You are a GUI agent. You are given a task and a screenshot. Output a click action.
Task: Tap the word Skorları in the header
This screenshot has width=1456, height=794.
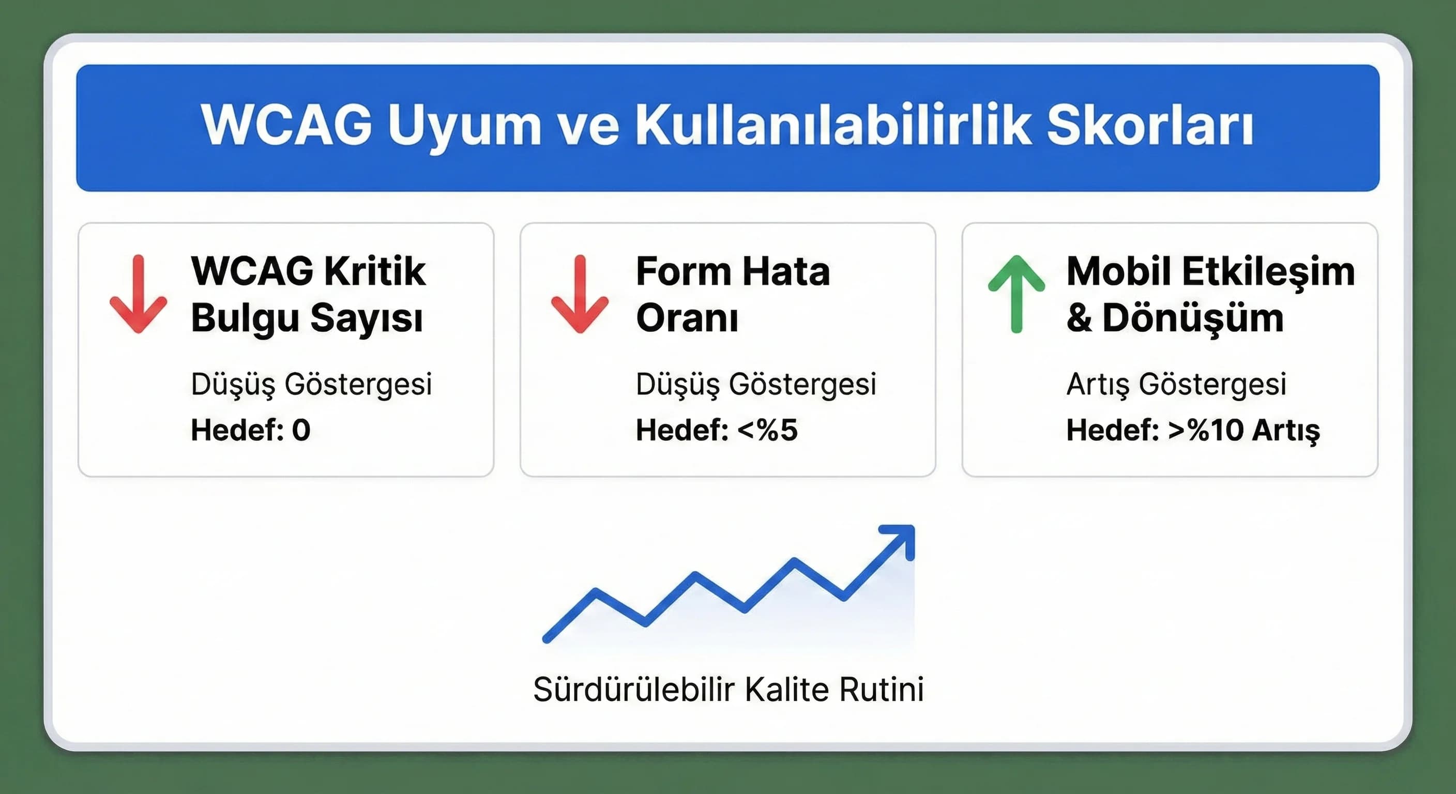pos(1150,125)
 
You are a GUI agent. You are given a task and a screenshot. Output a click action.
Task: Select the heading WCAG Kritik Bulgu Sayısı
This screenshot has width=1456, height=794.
pos(308,295)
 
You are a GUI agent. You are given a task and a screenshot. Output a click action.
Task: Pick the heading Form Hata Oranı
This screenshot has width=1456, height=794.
pos(733,295)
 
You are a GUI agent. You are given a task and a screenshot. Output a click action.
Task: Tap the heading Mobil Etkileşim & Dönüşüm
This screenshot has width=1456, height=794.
pos(1210,295)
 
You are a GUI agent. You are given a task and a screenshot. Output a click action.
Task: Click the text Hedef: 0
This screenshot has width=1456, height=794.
pos(250,430)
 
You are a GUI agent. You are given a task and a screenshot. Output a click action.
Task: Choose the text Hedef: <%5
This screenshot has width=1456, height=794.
pos(716,430)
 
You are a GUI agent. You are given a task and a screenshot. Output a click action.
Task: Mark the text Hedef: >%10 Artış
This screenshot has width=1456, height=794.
pos(1193,431)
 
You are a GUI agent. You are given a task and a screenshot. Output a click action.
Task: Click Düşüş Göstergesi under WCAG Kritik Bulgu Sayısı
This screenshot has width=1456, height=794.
pos(311,384)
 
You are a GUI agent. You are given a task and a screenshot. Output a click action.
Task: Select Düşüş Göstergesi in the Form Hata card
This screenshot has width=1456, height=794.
pos(756,384)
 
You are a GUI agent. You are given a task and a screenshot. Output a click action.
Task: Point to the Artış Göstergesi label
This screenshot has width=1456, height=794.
pos(1176,384)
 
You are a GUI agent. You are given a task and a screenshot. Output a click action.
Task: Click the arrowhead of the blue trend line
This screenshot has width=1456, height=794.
pos(902,538)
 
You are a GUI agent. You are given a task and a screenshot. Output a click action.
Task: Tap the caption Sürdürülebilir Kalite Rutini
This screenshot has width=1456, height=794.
pos(728,690)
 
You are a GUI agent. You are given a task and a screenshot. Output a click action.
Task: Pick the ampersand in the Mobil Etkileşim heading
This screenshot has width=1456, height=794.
pos(1079,318)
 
